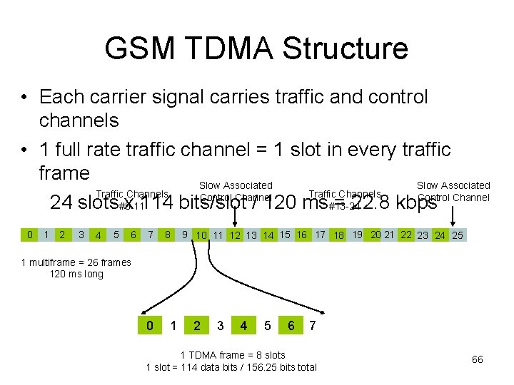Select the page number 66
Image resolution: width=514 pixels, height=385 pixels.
point(477,360)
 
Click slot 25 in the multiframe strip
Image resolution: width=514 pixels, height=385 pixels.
point(458,235)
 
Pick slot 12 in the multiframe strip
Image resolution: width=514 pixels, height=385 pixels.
point(235,235)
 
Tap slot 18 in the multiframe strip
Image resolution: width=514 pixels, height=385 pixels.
point(339,235)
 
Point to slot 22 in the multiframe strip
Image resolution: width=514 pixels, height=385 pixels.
point(406,235)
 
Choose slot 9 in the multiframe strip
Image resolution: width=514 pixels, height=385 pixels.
point(185,234)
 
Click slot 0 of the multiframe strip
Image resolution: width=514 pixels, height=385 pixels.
point(29,234)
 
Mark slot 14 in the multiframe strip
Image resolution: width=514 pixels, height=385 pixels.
point(268,235)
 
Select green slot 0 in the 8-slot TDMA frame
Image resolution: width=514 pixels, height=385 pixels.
point(149,326)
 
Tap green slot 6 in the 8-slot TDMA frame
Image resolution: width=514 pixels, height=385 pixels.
point(291,326)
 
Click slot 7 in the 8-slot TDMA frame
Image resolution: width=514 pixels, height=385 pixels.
point(314,326)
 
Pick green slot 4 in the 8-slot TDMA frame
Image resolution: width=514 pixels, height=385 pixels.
point(244,326)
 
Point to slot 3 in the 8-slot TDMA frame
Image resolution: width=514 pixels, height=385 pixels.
point(220,326)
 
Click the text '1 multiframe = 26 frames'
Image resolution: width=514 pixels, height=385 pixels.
point(76,262)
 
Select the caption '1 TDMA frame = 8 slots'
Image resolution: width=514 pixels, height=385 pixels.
point(233,355)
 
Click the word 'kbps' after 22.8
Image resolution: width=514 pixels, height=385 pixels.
point(415,202)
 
